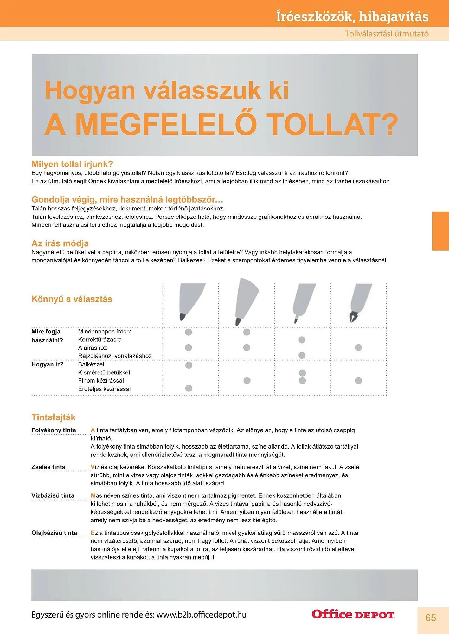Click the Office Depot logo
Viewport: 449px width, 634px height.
point(353,614)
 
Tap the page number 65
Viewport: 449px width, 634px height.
point(431,618)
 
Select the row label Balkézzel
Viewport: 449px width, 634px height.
point(91,365)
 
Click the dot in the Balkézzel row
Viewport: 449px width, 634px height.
point(189,365)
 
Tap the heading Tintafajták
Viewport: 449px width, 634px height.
point(53,417)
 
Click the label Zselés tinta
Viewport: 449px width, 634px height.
point(48,467)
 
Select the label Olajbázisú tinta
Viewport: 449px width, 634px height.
point(54,533)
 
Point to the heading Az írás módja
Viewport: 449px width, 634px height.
point(60,243)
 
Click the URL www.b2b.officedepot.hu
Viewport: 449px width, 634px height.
point(201,615)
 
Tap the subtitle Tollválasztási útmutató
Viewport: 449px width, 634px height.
point(386,34)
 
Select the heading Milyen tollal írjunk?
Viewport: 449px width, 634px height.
point(72,164)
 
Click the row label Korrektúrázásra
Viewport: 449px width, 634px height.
point(99,340)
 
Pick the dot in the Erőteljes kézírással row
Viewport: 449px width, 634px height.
point(189,388)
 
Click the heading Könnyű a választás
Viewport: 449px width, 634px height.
point(72,299)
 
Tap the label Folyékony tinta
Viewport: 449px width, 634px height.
point(54,430)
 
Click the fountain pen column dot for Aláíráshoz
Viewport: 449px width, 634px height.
point(358,348)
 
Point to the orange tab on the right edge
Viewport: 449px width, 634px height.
point(440,231)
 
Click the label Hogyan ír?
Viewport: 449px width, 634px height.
point(47,365)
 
